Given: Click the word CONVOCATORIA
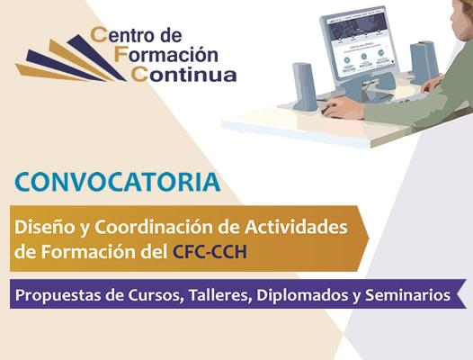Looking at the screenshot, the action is tap(117, 182).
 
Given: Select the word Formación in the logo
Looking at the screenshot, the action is tap(166, 54).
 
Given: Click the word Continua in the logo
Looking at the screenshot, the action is tap(183, 74).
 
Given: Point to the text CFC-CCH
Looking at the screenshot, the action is tap(210, 252).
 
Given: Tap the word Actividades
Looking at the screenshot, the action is tap(296, 227).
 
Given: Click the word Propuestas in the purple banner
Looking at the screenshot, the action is tap(58, 296).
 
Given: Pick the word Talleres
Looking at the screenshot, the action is tap(220, 295).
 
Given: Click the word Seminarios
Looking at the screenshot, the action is tap(408, 295).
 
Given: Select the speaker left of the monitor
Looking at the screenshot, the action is tap(305, 86).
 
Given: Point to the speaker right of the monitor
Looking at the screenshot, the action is tap(424, 63).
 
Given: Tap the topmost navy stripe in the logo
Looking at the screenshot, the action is tap(96, 58).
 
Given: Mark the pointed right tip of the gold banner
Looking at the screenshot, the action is tap(369, 238).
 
